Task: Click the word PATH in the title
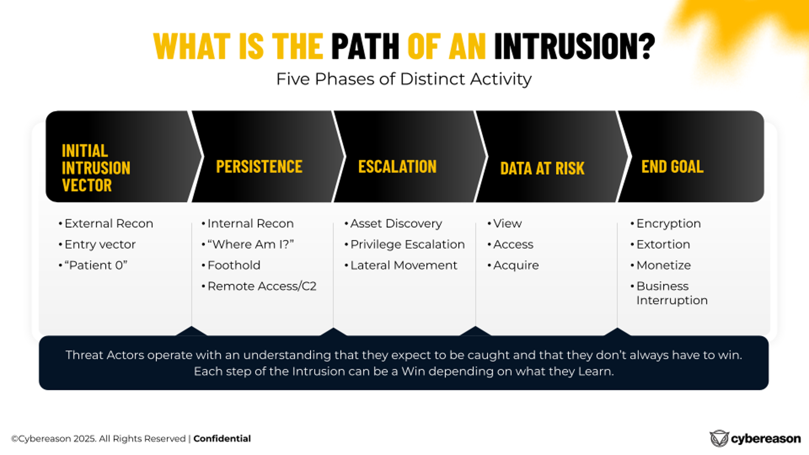click(365, 46)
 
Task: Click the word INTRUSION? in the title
click(574, 46)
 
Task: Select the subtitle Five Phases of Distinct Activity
click(404, 79)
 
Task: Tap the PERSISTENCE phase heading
click(259, 167)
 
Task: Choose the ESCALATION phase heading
click(397, 167)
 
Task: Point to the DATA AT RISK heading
click(542, 169)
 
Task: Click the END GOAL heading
click(672, 167)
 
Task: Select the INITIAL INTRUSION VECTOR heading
click(96, 168)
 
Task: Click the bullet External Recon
click(109, 224)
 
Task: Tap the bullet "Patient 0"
click(96, 265)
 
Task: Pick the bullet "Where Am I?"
click(250, 244)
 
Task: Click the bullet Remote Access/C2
click(262, 286)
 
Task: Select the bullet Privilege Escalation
click(407, 244)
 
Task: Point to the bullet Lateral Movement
click(404, 265)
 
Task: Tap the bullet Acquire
click(516, 265)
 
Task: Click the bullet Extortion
click(663, 244)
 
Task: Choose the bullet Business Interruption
click(672, 293)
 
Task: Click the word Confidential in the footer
click(222, 439)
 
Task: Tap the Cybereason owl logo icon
click(719, 439)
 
